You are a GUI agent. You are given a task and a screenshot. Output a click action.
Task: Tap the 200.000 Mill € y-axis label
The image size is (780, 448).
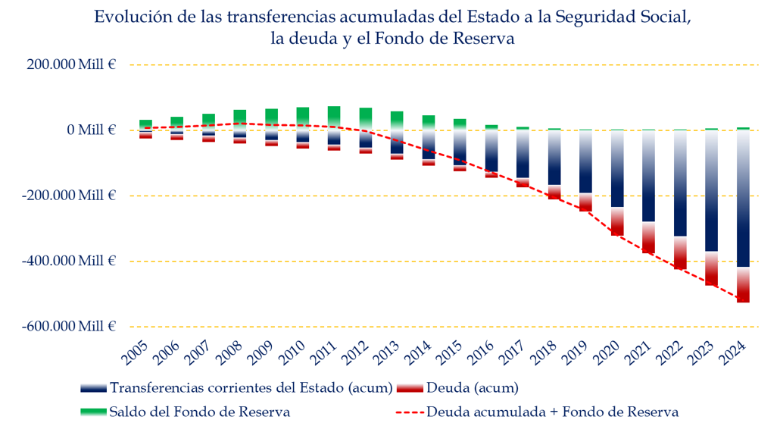coord(70,65)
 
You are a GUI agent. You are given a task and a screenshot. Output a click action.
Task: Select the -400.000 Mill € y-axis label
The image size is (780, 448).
coord(69,261)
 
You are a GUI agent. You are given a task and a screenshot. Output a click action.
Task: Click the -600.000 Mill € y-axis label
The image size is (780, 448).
coord(69,327)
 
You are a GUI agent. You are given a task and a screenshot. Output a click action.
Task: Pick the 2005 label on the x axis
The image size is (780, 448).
coord(135,352)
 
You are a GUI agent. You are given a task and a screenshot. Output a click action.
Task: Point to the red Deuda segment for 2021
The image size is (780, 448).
coord(649,238)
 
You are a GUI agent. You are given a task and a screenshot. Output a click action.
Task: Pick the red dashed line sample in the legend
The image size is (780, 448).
coord(410,412)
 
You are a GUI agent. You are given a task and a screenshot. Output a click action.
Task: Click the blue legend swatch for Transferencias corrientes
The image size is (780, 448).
coord(93,388)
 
